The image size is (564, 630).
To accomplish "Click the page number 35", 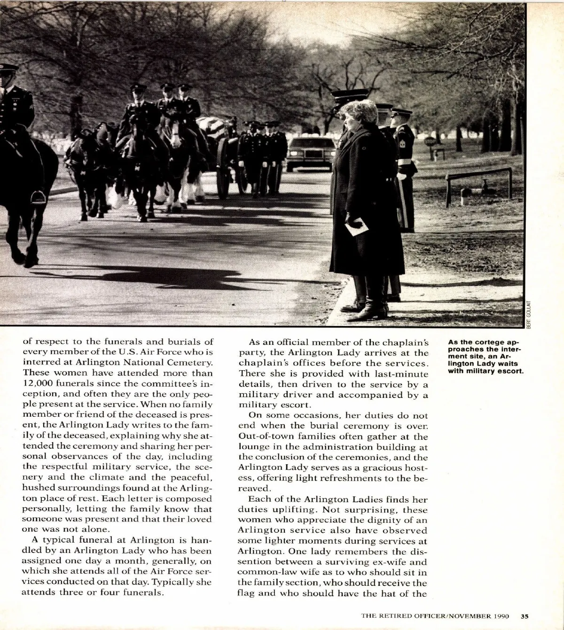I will coord(525,616).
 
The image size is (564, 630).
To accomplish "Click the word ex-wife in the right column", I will coord(376,562).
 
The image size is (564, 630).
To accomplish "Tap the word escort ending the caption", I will coord(511,371).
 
